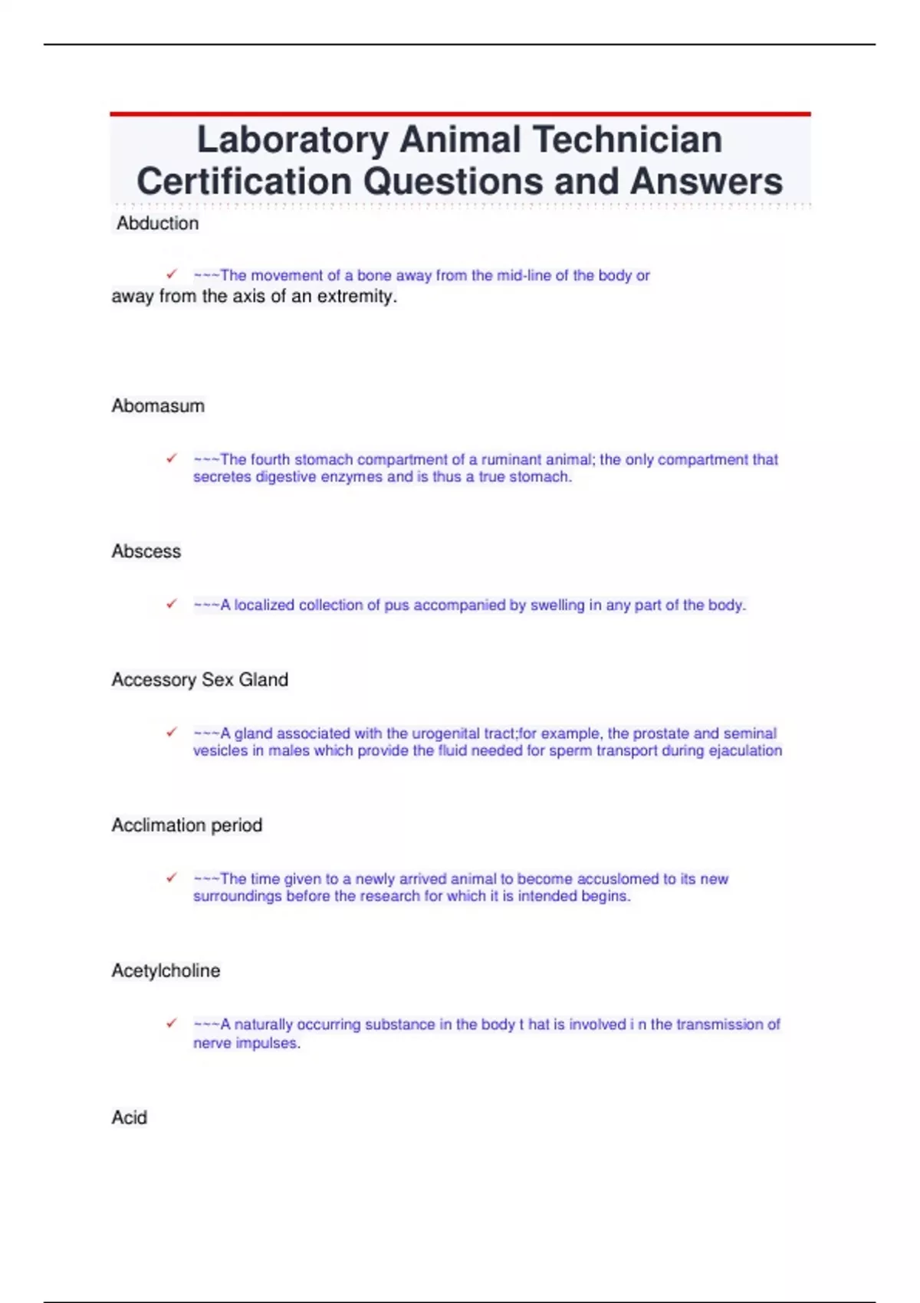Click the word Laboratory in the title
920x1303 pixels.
click(x=293, y=140)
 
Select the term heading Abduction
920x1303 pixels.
click(x=157, y=224)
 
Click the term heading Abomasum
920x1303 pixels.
click(x=158, y=406)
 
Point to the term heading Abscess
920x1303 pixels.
click(x=146, y=552)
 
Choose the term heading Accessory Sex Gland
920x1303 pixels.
click(x=200, y=680)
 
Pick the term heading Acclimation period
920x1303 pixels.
click(x=187, y=825)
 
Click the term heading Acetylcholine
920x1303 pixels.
click(x=166, y=971)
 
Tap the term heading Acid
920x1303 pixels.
click(x=129, y=1118)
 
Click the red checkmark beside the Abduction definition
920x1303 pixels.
click(x=172, y=274)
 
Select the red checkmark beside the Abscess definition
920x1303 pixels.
click(x=172, y=604)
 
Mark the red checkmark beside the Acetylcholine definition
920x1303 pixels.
click(x=172, y=1023)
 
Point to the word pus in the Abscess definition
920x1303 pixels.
click(x=396, y=606)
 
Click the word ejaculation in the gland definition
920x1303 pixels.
click(x=745, y=751)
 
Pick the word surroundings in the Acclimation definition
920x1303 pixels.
click(x=237, y=897)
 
